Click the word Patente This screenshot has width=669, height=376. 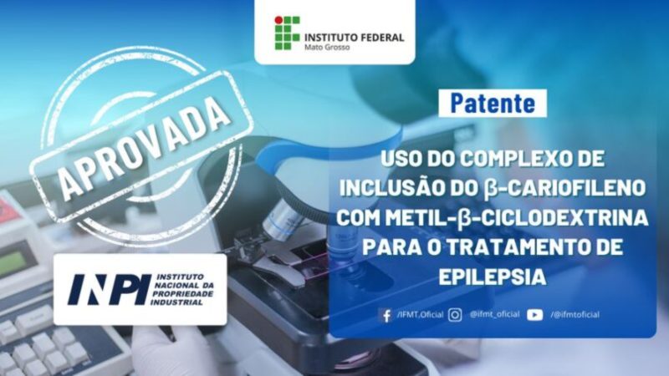pyautogui.click(x=493, y=103)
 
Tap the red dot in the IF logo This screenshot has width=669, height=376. pyautogui.click(x=278, y=20)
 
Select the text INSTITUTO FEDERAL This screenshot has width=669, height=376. pyautogui.click(x=354, y=37)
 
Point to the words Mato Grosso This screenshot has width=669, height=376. pyautogui.click(x=327, y=48)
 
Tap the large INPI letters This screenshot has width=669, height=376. pyautogui.click(x=110, y=289)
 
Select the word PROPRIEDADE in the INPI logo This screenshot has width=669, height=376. pyautogui.click(x=182, y=295)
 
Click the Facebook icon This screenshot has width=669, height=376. pyautogui.click(x=386, y=316)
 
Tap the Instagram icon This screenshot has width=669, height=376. pyautogui.click(x=455, y=315)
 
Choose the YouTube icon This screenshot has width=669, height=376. pyautogui.click(x=534, y=315)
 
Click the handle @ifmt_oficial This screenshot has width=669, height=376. pyautogui.click(x=494, y=315)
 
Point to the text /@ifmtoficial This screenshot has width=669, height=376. pyautogui.click(x=575, y=315)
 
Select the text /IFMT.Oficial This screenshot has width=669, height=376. pyautogui.click(x=420, y=315)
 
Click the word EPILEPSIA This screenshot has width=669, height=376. pyautogui.click(x=493, y=277)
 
